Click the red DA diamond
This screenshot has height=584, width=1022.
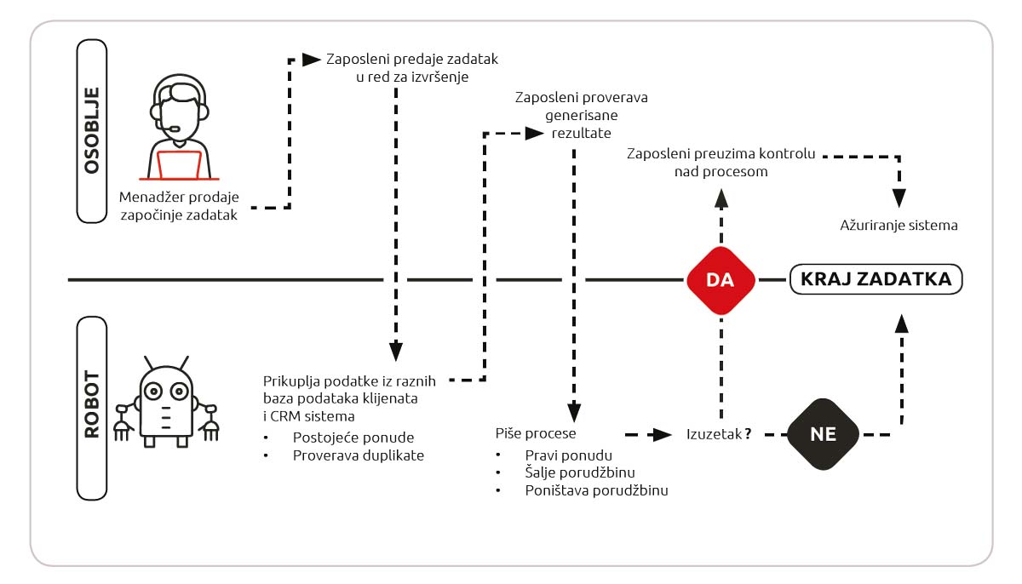(x=721, y=280)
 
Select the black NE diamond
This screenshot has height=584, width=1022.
(x=824, y=434)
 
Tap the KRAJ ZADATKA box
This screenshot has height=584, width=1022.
(x=877, y=279)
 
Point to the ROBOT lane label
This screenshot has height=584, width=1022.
(x=92, y=407)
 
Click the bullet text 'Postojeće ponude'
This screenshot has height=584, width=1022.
(x=347, y=437)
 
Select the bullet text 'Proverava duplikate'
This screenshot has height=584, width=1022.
(x=358, y=455)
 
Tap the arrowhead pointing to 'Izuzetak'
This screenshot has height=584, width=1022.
(x=660, y=434)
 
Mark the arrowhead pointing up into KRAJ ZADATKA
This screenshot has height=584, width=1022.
(x=901, y=323)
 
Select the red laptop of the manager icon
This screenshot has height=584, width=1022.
(x=180, y=164)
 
